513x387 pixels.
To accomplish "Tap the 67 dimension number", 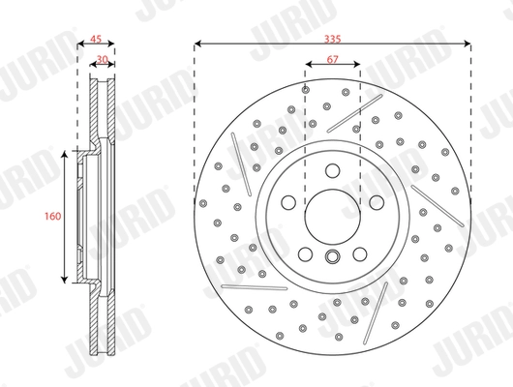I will (x=332, y=61).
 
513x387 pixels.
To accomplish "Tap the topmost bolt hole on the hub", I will (x=332, y=171).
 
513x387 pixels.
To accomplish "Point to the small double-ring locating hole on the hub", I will (x=332, y=256).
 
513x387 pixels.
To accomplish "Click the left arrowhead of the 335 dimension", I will (x=197, y=44).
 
